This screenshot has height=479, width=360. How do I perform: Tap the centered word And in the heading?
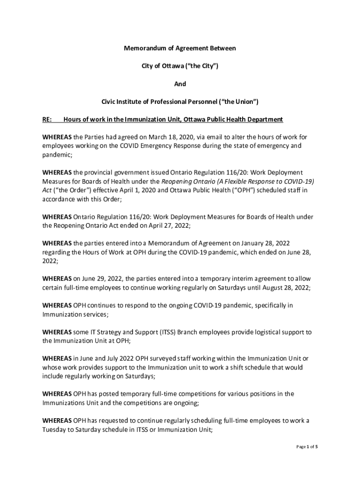[x=180, y=84]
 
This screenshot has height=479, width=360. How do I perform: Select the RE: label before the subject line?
[x=47, y=119]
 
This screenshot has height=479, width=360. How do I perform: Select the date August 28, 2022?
[x=285, y=288]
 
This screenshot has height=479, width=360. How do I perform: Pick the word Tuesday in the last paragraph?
[x=54, y=430]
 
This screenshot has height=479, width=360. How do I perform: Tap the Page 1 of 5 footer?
[x=307, y=447]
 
